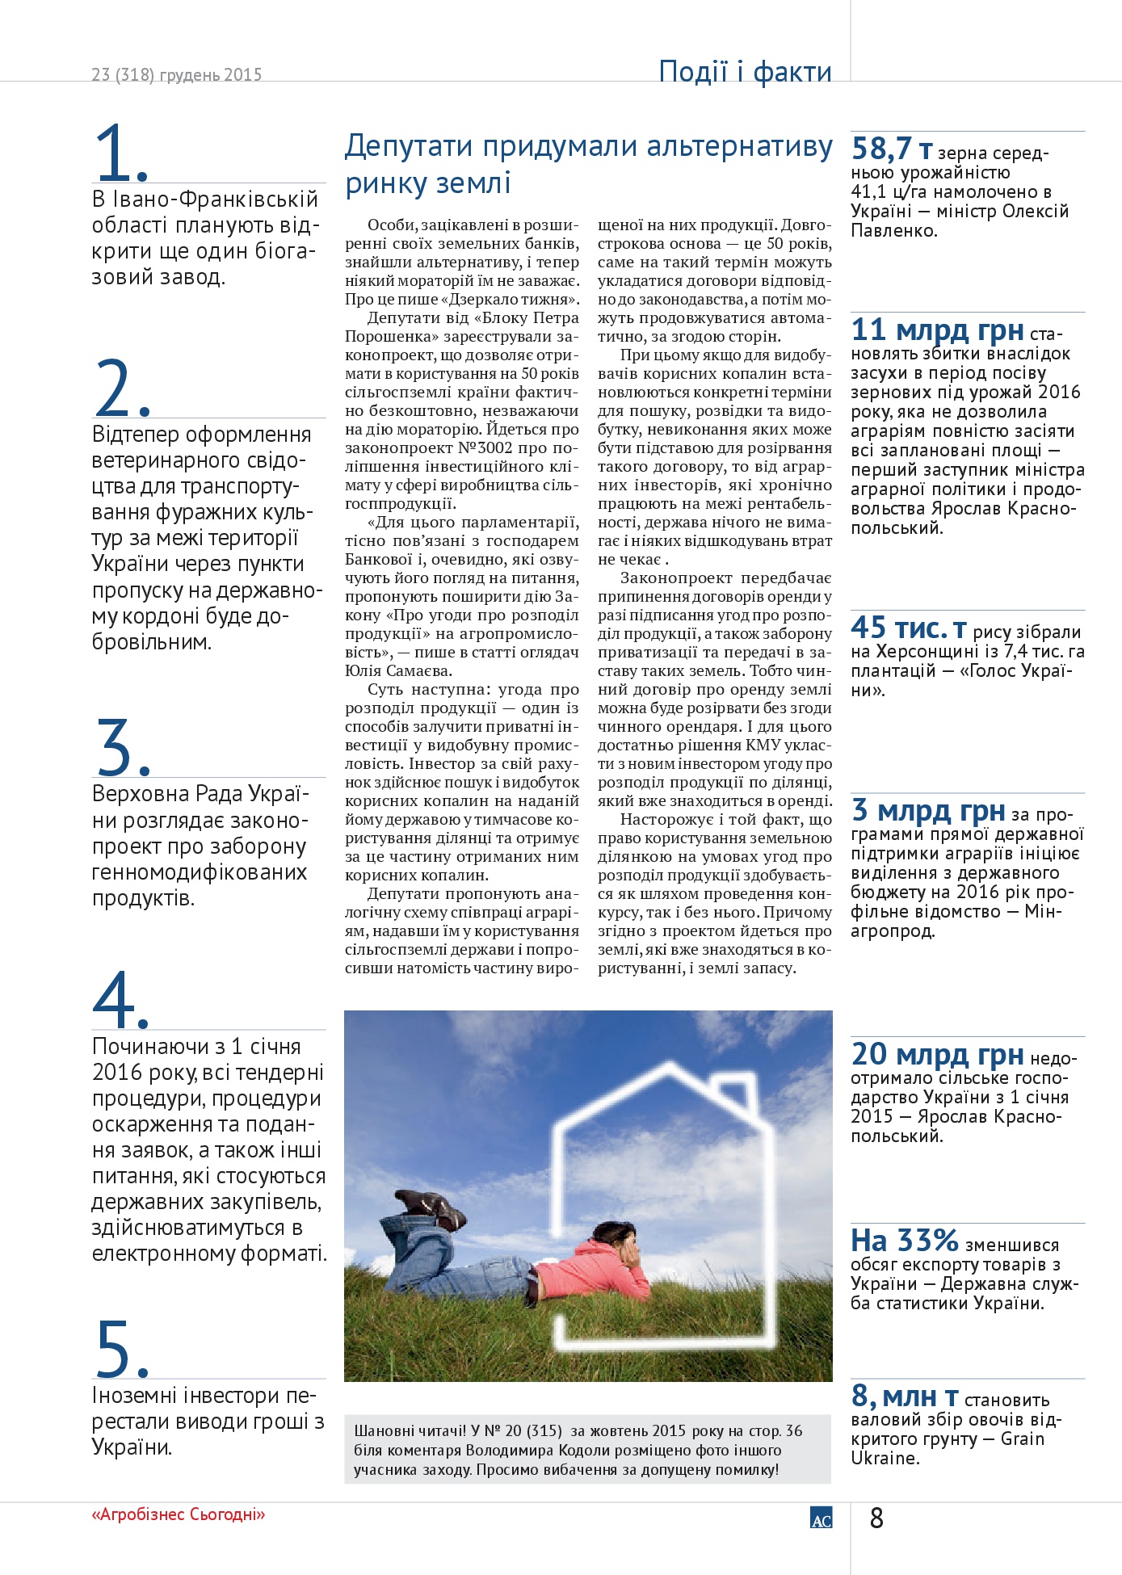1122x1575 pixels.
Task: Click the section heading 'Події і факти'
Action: point(745,72)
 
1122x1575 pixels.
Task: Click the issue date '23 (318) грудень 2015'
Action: point(177,75)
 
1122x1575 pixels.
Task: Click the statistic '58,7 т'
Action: point(892,149)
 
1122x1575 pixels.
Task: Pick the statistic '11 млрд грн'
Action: point(938,330)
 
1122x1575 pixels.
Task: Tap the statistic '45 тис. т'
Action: point(909,628)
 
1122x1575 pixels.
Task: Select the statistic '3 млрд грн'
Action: point(928,810)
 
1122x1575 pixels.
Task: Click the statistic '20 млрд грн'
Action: point(938,1055)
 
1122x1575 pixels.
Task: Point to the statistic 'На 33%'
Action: point(904,1241)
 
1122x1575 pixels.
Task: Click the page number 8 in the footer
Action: point(876,1518)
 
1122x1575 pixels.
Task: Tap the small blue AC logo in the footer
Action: point(821,1518)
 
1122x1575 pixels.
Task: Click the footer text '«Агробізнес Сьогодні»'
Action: point(179,1514)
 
